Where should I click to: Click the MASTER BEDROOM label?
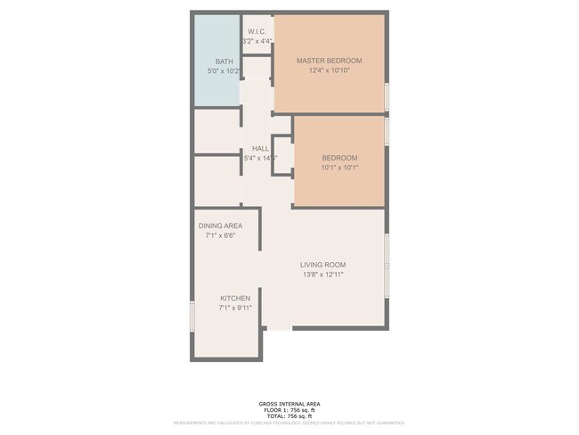click(x=329, y=61)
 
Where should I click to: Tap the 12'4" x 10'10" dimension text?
click(x=329, y=70)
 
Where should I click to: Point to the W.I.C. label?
click(x=257, y=32)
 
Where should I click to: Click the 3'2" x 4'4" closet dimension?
click(x=257, y=42)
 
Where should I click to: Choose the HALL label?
click(x=260, y=149)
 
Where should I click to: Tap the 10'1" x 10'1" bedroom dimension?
click(x=339, y=168)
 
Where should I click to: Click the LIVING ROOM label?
click(x=322, y=265)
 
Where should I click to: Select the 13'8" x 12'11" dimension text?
click(x=322, y=275)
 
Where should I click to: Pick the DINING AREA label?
click(x=220, y=226)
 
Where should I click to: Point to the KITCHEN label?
click(x=235, y=298)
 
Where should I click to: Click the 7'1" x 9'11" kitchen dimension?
click(x=235, y=308)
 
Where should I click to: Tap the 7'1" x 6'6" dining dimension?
click(x=220, y=235)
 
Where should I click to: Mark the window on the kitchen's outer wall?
click(x=192, y=315)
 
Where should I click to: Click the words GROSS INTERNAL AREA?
click(x=289, y=402)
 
